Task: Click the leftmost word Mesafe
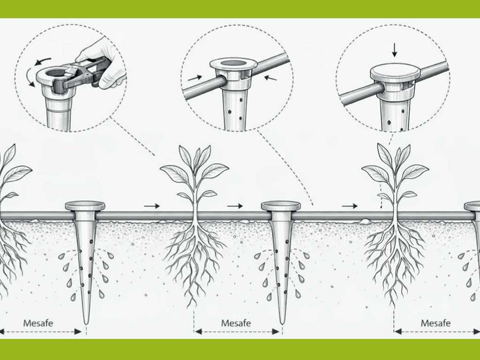click(38, 323)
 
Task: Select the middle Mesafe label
click(236, 323)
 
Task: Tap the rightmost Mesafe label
click(435, 323)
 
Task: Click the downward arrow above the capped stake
click(395, 50)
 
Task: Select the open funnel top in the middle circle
click(233, 64)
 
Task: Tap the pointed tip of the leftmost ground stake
click(86, 324)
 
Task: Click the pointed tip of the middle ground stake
click(282, 323)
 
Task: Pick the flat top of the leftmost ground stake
click(85, 206)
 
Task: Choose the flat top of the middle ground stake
click(281, 206)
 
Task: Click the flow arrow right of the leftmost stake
click(152, 206)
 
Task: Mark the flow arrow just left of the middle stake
click(235, 206)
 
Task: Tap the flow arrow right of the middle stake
click(350, 206)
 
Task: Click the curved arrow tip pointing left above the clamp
click(36, 64)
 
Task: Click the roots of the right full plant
click(394, 260)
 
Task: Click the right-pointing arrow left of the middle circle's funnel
click(195, 78)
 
